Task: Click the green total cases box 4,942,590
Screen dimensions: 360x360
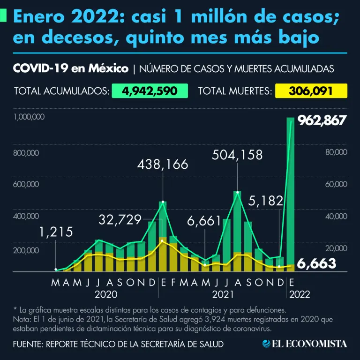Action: coord(149,90)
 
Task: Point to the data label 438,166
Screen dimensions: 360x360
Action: coord(163,165)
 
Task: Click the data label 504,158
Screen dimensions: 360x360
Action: coord(237,155)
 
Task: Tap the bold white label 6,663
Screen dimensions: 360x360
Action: coord(317,264)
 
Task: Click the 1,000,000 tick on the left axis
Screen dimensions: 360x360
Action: coord(29,117)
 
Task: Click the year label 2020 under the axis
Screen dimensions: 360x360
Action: coord(106,295)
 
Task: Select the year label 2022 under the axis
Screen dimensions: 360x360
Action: coord(299,295)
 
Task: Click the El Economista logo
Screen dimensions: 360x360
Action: coord(304,344)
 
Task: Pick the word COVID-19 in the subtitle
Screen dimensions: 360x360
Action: coord(39,68)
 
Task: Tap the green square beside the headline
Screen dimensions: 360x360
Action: coord(4,17)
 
